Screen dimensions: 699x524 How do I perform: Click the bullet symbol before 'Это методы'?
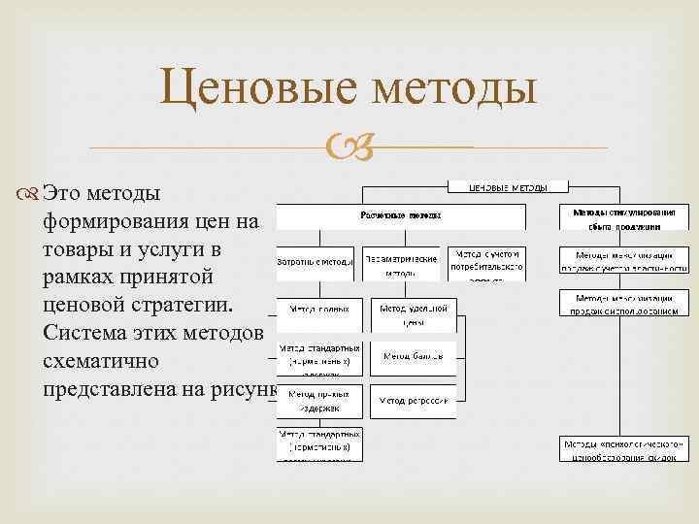32,194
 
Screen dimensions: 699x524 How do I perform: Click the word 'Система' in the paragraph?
83,333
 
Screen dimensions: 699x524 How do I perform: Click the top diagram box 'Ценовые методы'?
507,186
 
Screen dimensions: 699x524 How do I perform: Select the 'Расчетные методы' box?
401,215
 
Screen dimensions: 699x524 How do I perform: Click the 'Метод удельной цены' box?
413,312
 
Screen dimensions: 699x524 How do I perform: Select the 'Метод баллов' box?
413,356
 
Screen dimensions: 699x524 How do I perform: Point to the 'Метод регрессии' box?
413,400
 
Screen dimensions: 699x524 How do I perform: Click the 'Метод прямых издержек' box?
320,400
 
